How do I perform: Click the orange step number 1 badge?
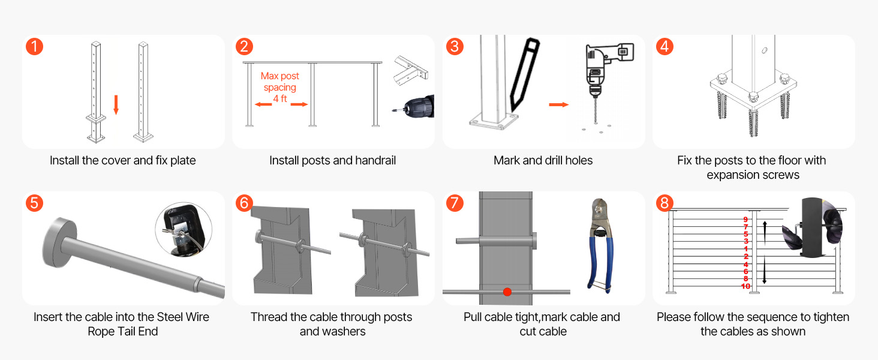pyautogui.click(x=34, y=46)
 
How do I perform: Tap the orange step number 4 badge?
pyautogui.click(x=664, y=46)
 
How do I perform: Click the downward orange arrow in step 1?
pyautogui.click(x=116, y=104)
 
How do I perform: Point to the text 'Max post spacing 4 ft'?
pyautogui.click(x=280, y=88)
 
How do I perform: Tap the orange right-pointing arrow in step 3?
pyautogui.click(x=558, y=104)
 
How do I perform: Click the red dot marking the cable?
pyautogui.click(x=507, y=292)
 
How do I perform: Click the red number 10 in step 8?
pyautogui.click(x=745, y=287)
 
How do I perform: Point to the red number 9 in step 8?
pyautogui.click(x=745, y=220)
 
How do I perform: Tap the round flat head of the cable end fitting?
pyautogui.click(x=59, y=240)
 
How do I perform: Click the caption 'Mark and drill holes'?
pyautogui.click(x=543, y=161)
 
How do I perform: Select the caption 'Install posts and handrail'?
pyautogui.click(x=332, y=161)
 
